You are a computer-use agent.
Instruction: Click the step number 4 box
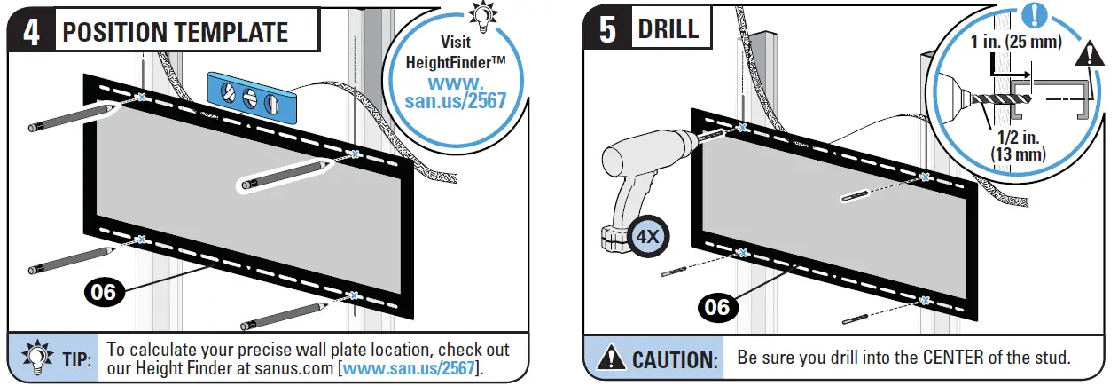(x=30, y=33)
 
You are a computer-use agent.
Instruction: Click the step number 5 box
(x=607, y=29)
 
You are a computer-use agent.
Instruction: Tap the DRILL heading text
(x=668, y=29)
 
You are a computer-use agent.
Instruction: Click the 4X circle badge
(x=646, y=237)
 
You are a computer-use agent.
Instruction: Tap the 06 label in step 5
(x=715, y=307)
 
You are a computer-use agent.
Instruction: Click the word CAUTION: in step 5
(x=674, y=359)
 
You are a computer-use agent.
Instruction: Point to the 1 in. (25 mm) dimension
(x=1010, y=42)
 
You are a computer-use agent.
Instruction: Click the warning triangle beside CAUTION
(x=611, y=359)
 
